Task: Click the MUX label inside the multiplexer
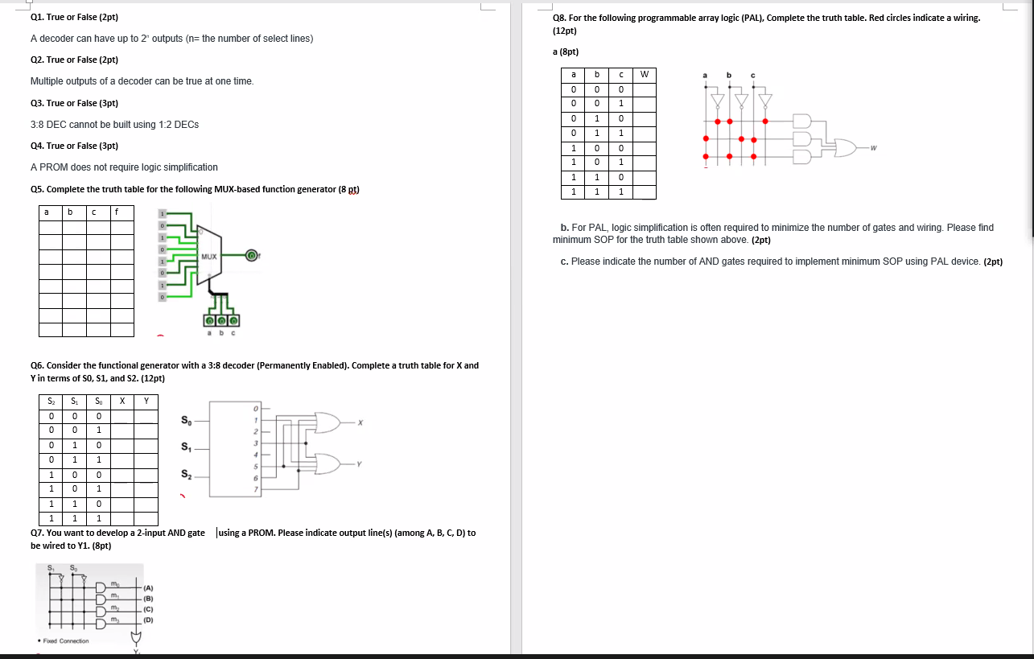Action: pyautogui.click(x=210, y=256)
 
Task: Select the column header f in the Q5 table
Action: pyautogui.click(x=117, y=212)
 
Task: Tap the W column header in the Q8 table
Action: pyautogui.click(x=644, y=75)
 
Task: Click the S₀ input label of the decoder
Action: pyautogui.click(x=187, y=420)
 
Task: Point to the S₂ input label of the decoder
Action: pyautogui.click(x=187, y=474)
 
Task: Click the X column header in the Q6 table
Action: pyautogui.click(x=122, y=401)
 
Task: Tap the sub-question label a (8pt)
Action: pyautogui.click(x=566, y=51)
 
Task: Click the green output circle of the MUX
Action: pyautogui.click(x=251, y=256)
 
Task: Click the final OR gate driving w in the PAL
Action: pyautogui.click(x=846, y=147)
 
